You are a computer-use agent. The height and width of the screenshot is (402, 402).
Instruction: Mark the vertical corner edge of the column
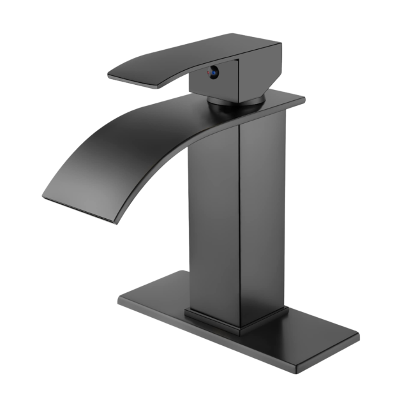coord(241,223)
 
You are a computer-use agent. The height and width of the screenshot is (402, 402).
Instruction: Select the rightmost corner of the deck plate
coord(358,339)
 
